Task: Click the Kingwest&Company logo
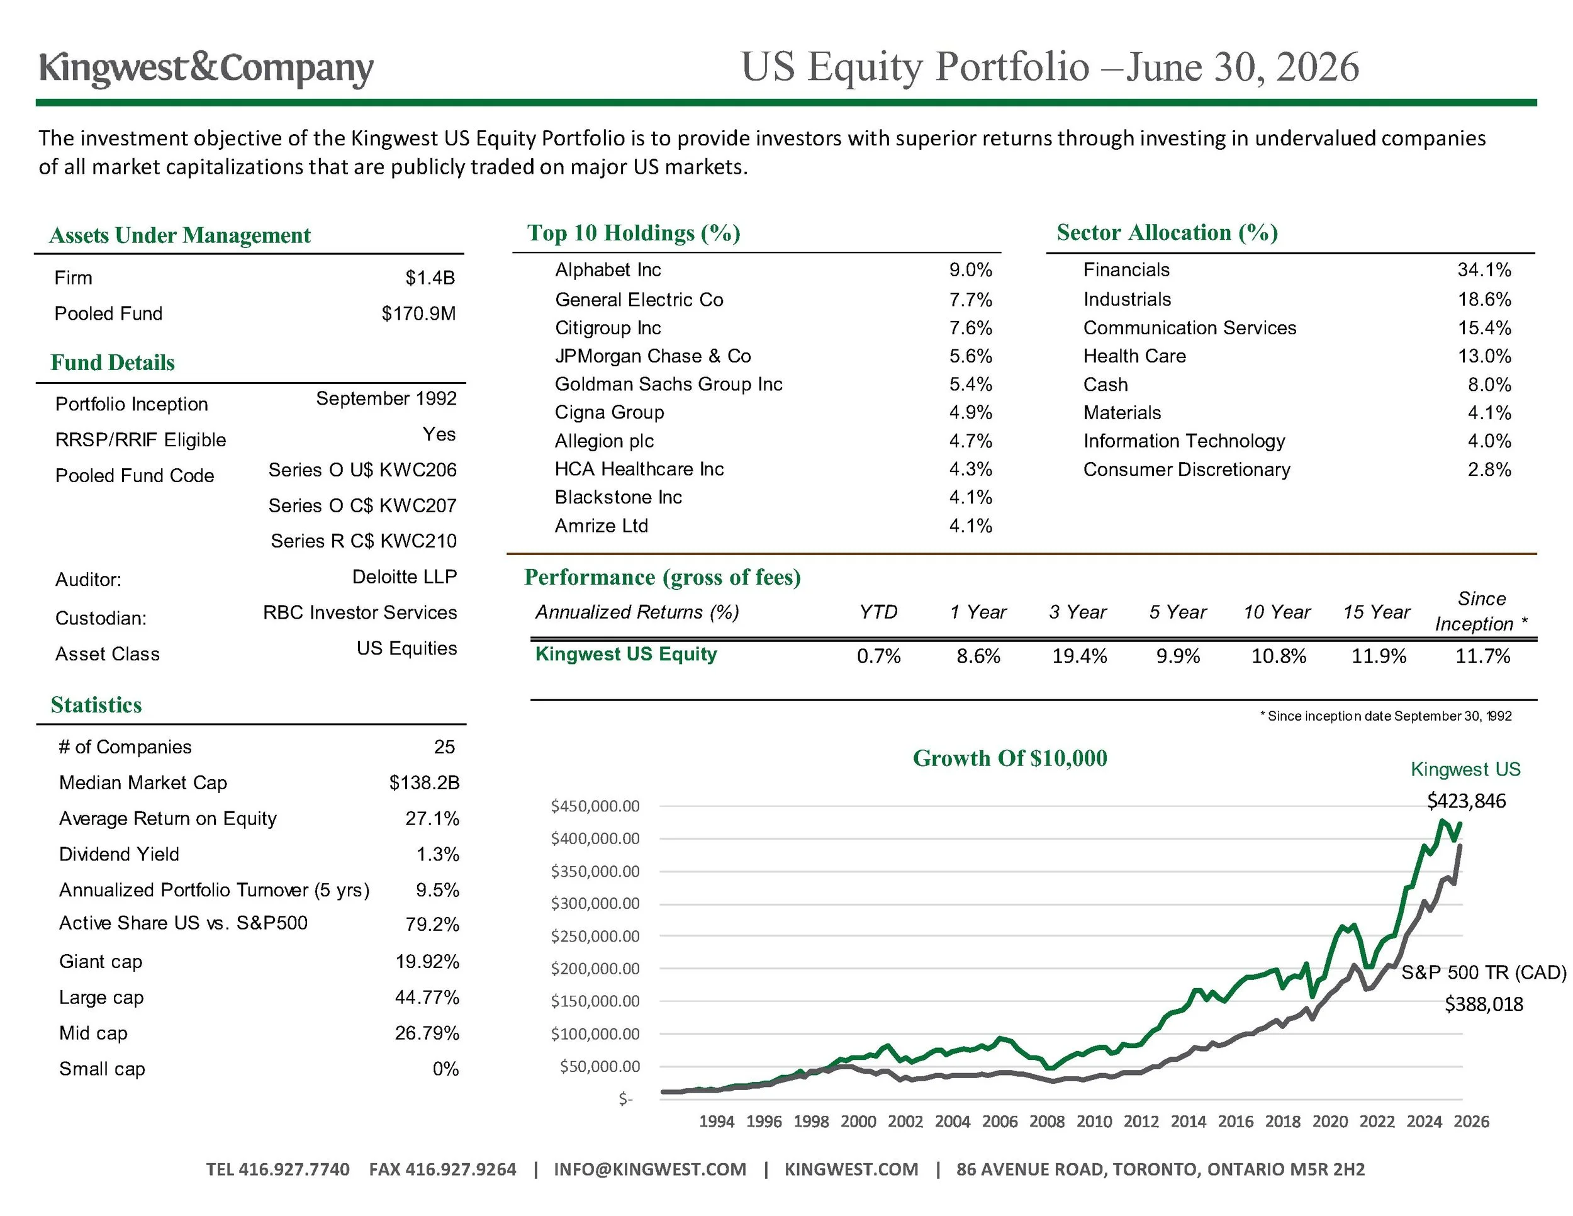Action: (x=206, y=69)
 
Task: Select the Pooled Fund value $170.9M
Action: (x=418, y=313)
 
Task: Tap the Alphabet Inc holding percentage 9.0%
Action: (x=970, y=270)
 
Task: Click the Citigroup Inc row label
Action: (x=608, y=328)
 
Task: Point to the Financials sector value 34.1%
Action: (x=1484, y=270)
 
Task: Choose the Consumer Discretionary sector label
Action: (x=1187, y=470)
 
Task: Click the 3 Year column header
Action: (x=1077, y=612)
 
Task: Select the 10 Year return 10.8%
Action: (x=1279, y=656)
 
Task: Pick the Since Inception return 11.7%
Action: (x=1483, y=656)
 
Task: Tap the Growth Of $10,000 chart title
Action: (x=1010, y=758)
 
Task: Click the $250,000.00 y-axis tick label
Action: (x=595, y=937)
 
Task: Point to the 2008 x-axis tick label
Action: (x=1046, y=1122)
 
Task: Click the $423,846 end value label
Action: (x=1467, y=801)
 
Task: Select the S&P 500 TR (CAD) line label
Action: (x=1484, y=972)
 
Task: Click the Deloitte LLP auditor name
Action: (x=405, y=577)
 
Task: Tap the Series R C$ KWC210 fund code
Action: (x=364, y=541)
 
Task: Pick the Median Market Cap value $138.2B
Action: (x=424, y=783)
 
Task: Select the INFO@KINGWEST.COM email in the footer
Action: (x=650, y=1169)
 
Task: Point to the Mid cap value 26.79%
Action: (x=427, y=1033)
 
